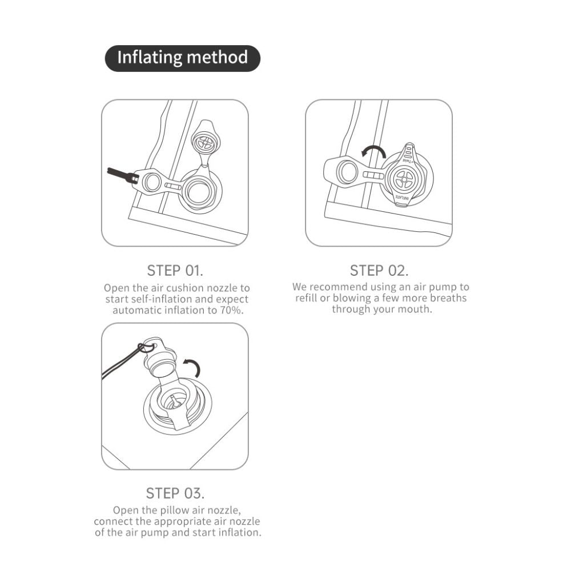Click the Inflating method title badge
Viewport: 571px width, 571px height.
tap(183, 58)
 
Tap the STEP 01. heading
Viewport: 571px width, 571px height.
tap(175, 271)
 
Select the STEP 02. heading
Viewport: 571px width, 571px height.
tap(379, 271)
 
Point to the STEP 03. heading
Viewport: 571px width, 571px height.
tap(175, 493)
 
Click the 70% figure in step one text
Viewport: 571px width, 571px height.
tap(231, 310)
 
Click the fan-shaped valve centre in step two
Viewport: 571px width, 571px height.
tap(405, 179)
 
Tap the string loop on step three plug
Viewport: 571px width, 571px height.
tap(146, 347)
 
